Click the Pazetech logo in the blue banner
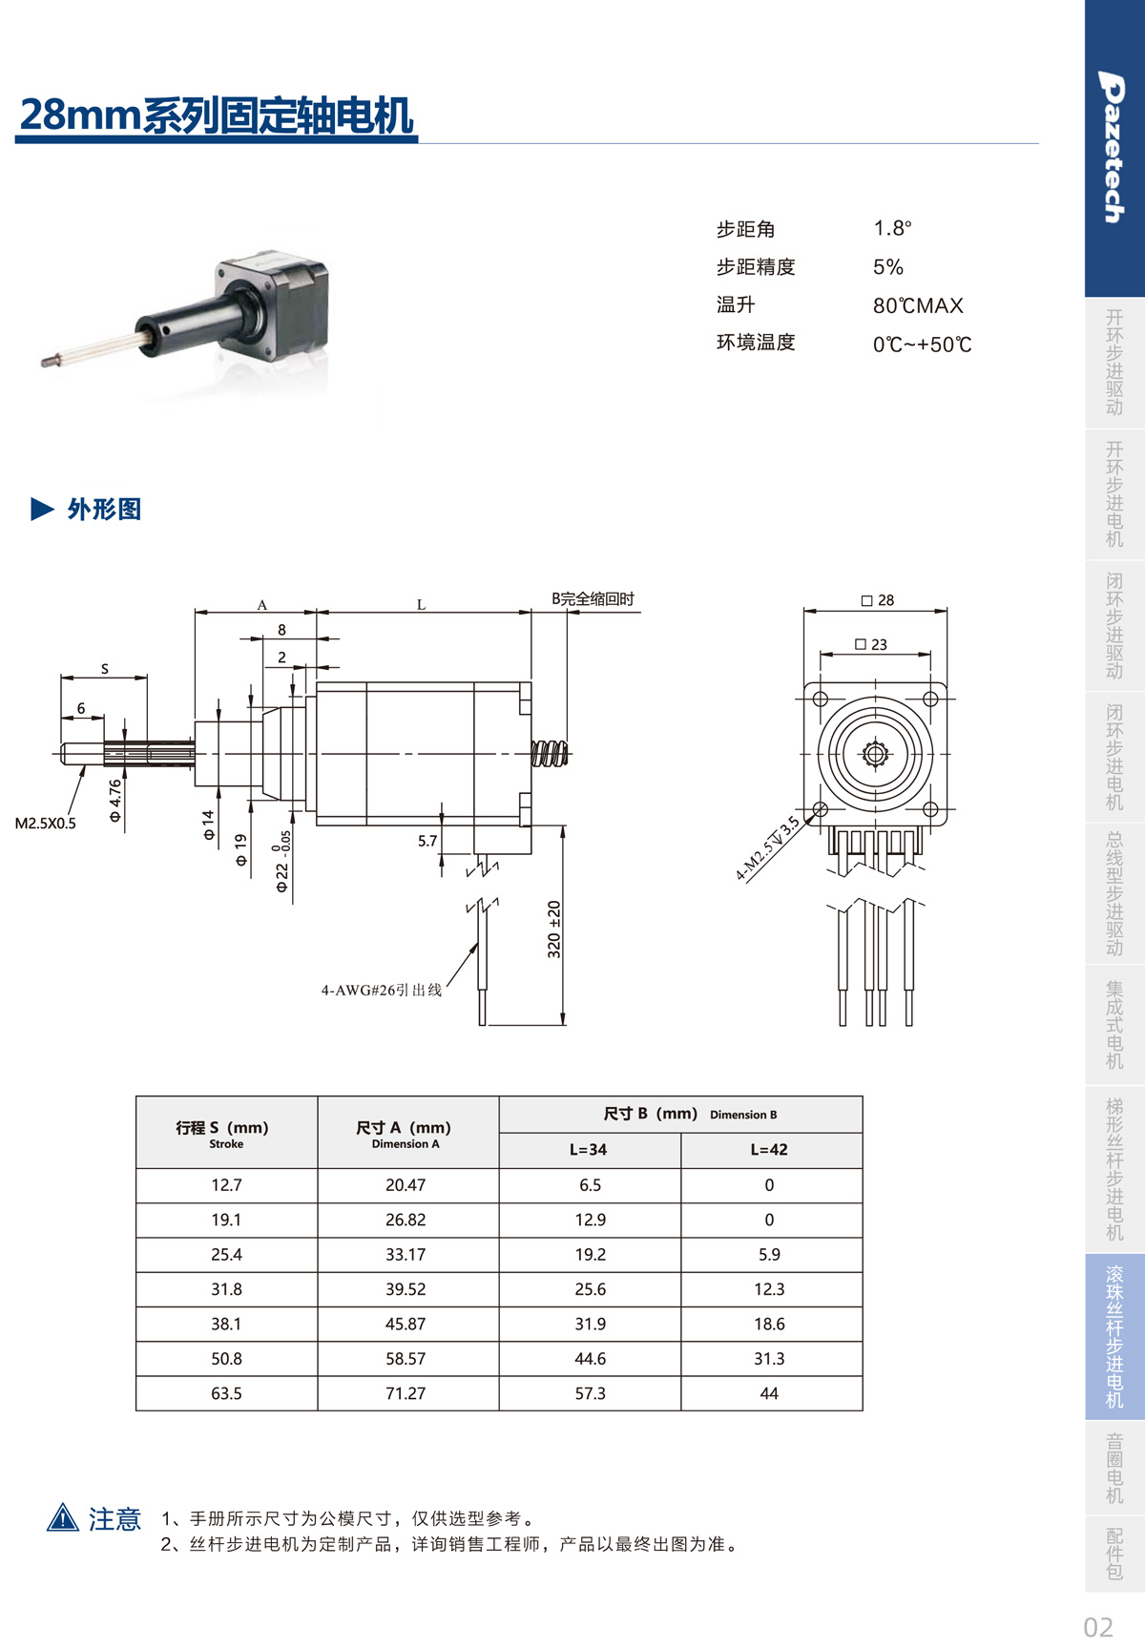coord(1113,147)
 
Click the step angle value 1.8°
coord(892,228)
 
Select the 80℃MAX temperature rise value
coord(918,305)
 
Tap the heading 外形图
coord(104,509)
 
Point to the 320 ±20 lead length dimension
coord(554,929)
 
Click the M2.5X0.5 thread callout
coord(46,823)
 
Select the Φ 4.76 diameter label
coord(115,801)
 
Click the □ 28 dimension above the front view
coord(878,600)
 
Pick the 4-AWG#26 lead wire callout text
coord(382,991)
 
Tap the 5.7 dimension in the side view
coord(427,841)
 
